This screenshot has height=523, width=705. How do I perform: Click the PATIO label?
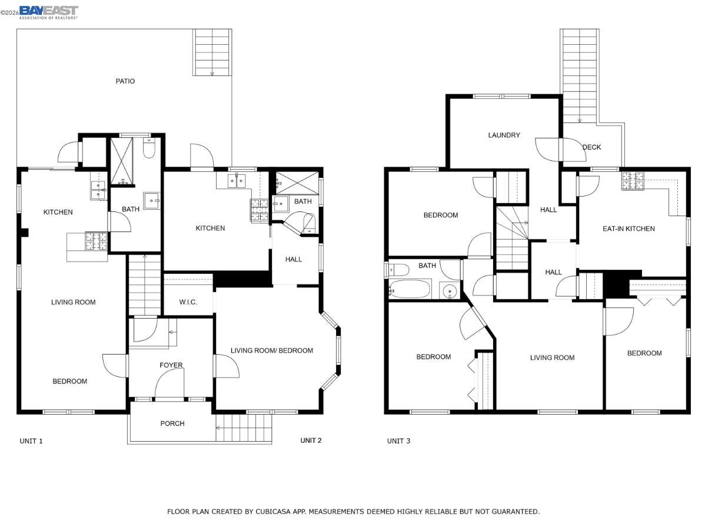pos(125,81)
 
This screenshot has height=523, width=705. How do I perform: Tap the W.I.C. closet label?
pos(188,302)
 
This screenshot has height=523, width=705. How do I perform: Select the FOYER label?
pos(171,365)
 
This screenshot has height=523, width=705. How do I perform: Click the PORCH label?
pos(172,423)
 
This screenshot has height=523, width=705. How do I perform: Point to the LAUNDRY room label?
pos(504,135)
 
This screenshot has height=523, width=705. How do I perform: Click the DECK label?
pos(591,147)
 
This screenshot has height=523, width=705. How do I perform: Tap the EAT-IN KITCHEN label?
pos(628,229)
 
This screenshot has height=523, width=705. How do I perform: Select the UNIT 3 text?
pos(398,441)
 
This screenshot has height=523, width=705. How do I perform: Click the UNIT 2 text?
pos(311,440)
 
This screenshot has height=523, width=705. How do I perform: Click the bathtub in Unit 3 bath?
pos(410,290)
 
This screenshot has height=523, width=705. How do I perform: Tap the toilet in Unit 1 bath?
pos(149,150)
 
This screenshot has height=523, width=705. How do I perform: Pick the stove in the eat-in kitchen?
pos(633,180)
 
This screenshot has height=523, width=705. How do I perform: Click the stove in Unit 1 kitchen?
pos(97,240)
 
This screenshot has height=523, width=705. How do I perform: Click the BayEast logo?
pos(48,11)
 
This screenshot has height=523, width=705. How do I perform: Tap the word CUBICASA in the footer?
pos(272,511)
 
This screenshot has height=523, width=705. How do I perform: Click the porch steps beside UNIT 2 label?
pos(243,427)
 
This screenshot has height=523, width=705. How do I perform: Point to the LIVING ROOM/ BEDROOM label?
pos(271,350)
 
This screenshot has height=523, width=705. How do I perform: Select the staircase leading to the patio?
pos(212,52)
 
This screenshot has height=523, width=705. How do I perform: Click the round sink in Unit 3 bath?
pos(450,290)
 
